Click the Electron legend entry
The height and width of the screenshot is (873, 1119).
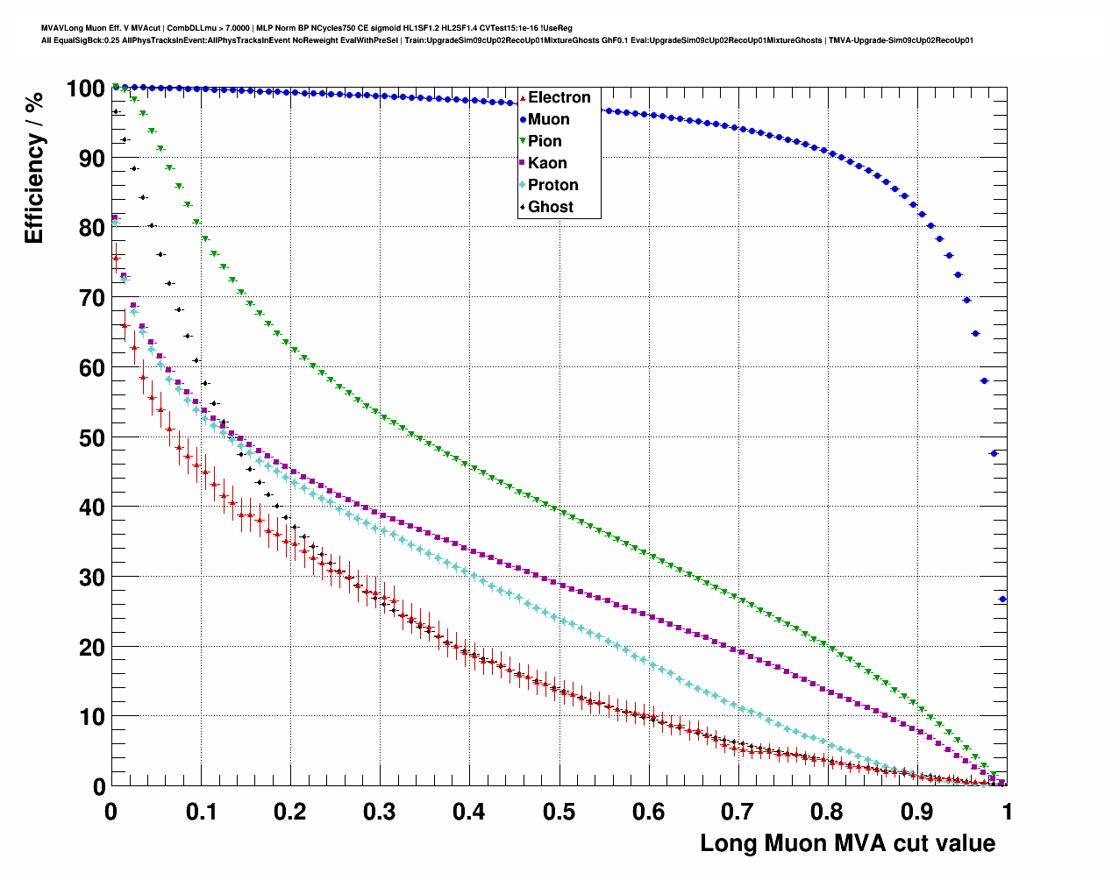[559, 97]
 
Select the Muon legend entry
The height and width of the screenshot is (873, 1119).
[548, 119]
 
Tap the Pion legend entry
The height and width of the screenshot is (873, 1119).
[545, 141]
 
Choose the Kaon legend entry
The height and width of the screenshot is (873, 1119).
[547, 163]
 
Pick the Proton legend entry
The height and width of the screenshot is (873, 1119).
[552, 185]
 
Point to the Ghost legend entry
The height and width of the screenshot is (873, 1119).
[550, 207]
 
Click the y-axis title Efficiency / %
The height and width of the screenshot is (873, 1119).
[34, 167]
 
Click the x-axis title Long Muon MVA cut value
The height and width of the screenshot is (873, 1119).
[847, 843]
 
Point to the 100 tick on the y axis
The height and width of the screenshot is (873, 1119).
[85, 89]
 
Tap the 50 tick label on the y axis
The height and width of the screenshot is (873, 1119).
[92, 437]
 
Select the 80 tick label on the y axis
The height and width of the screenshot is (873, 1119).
[92, 228]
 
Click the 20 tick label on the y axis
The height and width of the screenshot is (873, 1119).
[92, 647]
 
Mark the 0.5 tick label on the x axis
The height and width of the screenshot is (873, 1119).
[559, 812]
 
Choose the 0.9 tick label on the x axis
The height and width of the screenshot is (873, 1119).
[917, 812]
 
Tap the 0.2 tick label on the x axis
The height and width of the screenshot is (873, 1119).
[289, 812]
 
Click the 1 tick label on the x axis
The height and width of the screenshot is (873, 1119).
[1008, 812]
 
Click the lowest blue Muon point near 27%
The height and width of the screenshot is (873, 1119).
[1002, 600]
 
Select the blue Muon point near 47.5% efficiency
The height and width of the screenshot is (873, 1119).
[994, 453]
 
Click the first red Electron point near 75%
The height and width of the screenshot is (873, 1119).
[115, 259]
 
